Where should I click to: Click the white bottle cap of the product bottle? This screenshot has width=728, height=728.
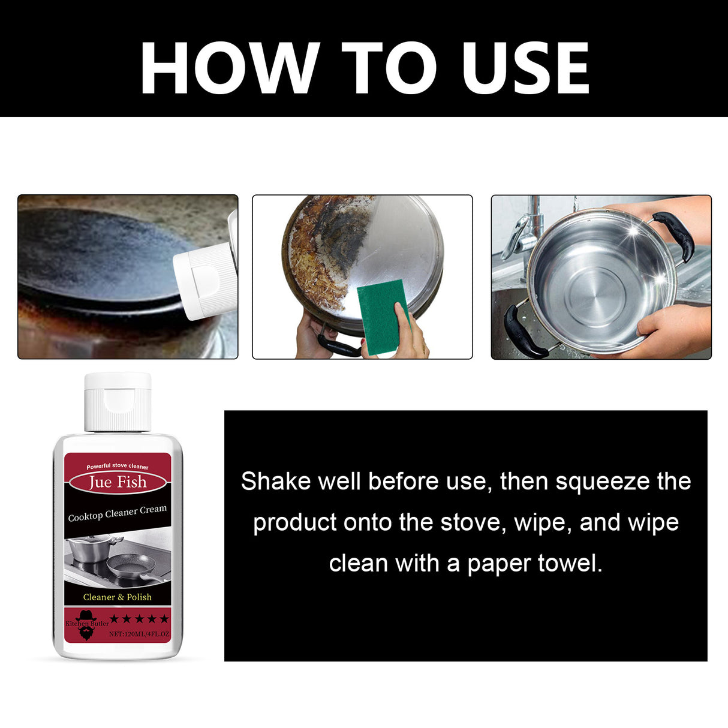118,401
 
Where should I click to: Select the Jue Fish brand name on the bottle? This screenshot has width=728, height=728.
118,482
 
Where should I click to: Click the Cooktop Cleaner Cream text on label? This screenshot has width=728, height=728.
118,513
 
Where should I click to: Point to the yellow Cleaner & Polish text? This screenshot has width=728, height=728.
118,597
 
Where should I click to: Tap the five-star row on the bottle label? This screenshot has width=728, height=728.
139,619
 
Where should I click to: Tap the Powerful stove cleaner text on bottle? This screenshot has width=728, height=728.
118,467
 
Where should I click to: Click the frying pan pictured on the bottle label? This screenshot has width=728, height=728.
132,566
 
